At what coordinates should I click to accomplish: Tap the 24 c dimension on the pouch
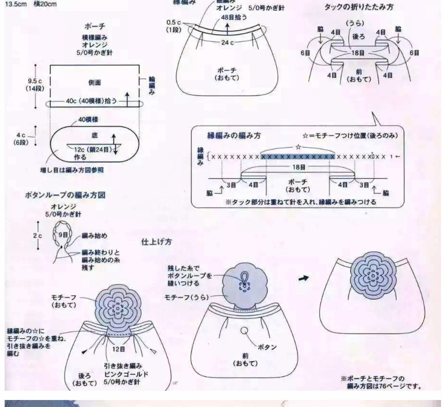(227, 43)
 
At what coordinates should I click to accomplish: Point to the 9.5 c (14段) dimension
(35, 85)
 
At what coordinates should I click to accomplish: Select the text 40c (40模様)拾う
(91, 101)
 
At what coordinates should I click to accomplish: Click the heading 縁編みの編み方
(234, 135)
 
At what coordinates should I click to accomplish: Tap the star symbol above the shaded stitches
(298, 147)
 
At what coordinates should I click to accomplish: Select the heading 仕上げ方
(156, 242)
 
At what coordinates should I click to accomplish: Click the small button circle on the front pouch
(244, 330)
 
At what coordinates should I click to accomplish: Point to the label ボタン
(267, 347)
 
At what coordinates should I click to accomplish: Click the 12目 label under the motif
(119, 349)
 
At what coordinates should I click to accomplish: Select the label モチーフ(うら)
(186, 297)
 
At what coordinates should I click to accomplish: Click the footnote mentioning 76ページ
(381, 382)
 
